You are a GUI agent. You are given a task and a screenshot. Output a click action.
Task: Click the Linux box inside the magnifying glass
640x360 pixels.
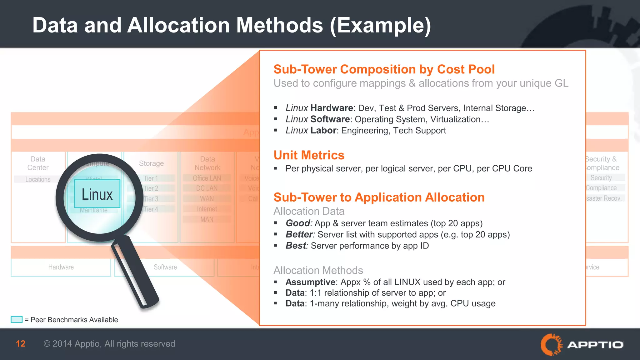pos(97,194)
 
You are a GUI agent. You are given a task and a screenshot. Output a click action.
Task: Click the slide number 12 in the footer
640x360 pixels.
pos(21,344)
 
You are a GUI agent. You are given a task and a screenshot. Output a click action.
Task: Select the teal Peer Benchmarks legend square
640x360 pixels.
pos(17,320)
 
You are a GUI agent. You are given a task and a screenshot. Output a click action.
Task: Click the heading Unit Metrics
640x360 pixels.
pos(309,155)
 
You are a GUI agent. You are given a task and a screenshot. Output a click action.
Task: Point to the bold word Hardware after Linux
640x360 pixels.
pos(332,108)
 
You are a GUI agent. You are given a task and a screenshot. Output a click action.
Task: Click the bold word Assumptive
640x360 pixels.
pos(310,282)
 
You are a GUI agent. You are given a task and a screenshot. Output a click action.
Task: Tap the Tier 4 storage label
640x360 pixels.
pos(151,209)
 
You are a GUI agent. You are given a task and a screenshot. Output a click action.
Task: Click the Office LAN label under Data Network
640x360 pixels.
pos(207,178)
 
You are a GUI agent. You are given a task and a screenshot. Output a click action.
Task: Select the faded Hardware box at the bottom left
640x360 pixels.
pos(61,267)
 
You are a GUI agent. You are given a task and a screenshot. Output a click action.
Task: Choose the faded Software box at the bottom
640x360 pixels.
pos(165,267)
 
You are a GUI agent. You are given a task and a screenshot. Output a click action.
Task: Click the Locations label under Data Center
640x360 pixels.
pos(38,179)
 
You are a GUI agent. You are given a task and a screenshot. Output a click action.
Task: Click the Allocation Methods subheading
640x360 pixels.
pos(318,270)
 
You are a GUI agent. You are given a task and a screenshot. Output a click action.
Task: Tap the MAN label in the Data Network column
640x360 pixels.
pos(207,219)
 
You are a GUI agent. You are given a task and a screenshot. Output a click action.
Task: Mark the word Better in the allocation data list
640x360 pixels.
pos(299,234)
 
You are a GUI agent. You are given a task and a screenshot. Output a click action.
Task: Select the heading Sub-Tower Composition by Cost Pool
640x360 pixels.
pos(384,69)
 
